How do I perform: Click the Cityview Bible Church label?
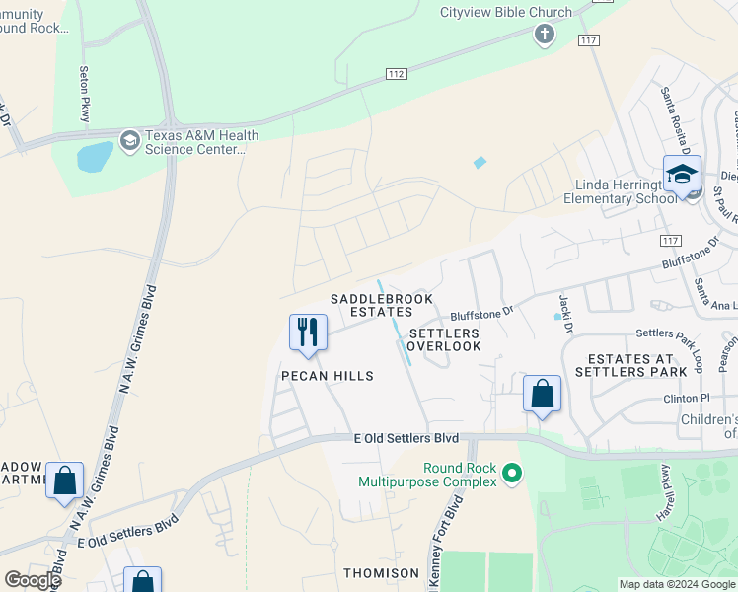[x=505, y=12]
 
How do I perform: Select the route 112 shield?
[x=395, y=75]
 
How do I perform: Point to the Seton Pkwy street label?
[x=85, y=94]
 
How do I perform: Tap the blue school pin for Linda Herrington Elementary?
[x=681, y=177]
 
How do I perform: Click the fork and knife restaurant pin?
[x=308, y=332]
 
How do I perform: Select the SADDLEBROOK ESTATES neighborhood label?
[x=370, y=305]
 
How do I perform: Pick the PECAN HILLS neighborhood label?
[x=327, y=376]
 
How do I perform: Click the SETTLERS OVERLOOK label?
[x=444, y=340]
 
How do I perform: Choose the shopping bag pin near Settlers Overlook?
[x=542, y=395]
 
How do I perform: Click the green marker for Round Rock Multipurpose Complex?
[x=511, y=475]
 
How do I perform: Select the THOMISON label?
[x=381, y=572]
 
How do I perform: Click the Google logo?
[x=33, y=580]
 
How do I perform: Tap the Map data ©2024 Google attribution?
[x=676, y=584]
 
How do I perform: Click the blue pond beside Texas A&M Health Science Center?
[x=95, y=156]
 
